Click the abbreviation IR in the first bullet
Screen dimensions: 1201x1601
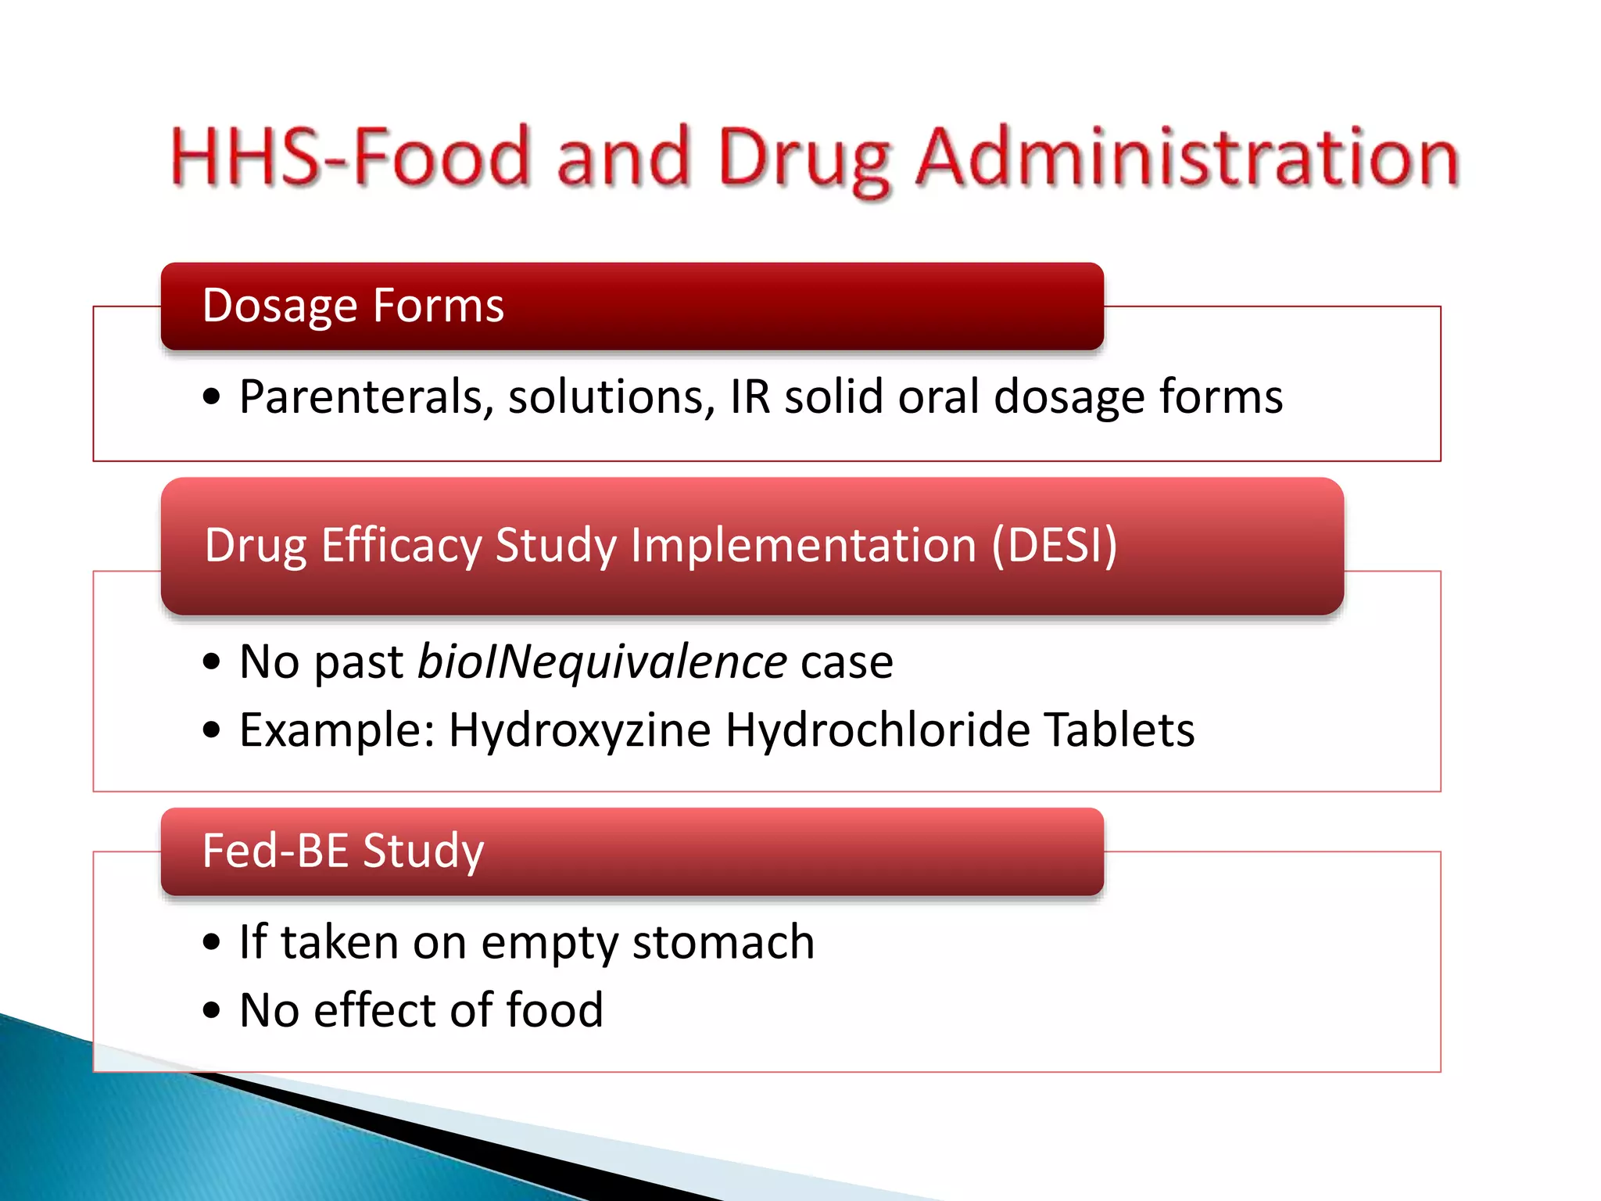750,396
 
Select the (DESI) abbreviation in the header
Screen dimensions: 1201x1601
1055,545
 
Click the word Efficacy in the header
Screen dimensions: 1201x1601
402,547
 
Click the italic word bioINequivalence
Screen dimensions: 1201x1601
602,662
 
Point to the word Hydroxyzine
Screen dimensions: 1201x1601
580,731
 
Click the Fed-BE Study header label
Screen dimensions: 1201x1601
343,851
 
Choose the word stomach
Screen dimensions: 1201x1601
723,941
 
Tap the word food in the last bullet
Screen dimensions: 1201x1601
554,1009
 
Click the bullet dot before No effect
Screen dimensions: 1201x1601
212,1009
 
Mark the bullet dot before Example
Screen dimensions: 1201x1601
212,730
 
